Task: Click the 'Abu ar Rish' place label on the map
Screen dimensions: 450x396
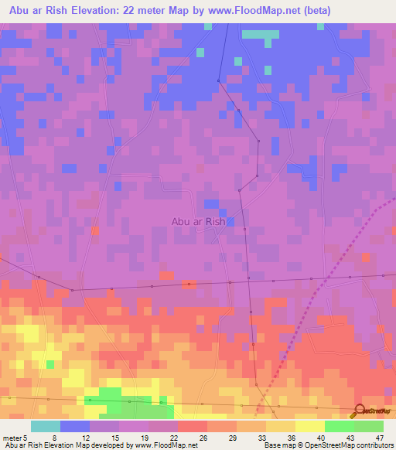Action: click(x=198, y=221)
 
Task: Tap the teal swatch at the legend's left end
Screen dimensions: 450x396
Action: click(x=46, y=426)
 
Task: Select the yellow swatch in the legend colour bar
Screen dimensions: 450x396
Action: click(x=310, y=426)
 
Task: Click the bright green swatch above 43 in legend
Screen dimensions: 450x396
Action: click(x=340, y=426)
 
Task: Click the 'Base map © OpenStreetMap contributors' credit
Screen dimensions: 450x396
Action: click(x=327, y=445)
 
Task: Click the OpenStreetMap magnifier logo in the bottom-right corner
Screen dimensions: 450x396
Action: click(x=358, y=411)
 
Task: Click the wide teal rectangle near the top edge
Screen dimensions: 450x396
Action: click(x=261, y=34)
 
